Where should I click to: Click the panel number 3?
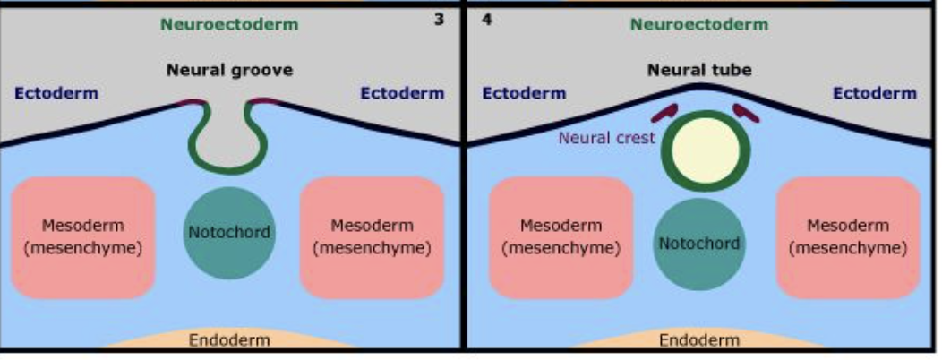(x=439, y=18)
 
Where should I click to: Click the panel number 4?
(x=487, y=18)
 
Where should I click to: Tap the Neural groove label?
(x=229, y=70)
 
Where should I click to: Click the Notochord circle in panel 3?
(x=229, y=233)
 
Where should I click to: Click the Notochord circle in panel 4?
(x=699, y=244)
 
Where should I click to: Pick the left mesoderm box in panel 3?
(x=83, y=236)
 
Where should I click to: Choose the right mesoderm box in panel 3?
(x=372, y=236)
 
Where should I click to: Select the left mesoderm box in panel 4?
(x=561, y=236)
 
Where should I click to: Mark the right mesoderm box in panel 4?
(x=848, y=236)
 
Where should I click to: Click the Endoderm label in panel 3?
(x=229, y=340)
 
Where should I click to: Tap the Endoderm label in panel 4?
(x=699, y=340)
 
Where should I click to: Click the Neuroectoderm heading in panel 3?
(x=229, y=24)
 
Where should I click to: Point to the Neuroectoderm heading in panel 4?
(x=699, y=24)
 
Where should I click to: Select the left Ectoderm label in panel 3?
(x=56, y=92)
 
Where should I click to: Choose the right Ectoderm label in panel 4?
(x=875, y=92)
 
